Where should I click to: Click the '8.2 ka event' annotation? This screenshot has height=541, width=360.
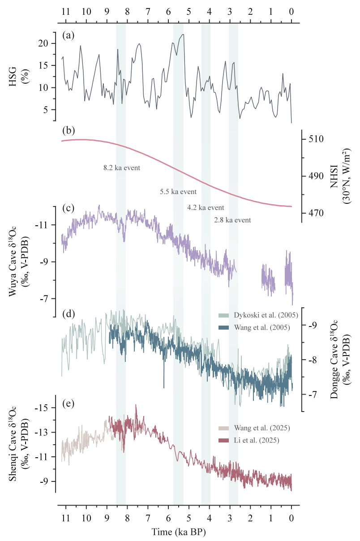[x=122, y=168]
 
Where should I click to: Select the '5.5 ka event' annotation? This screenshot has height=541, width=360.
[x=178, y=192]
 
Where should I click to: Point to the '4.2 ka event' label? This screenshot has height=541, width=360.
[x=206, y=208]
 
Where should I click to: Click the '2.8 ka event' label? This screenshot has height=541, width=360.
[x=232, y=220]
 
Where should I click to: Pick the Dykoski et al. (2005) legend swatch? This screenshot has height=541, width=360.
[x=224, y=315]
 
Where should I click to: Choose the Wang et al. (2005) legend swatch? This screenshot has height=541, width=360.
[x=224, y=327]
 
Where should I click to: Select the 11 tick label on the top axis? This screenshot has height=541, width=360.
[x=66, y=13]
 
